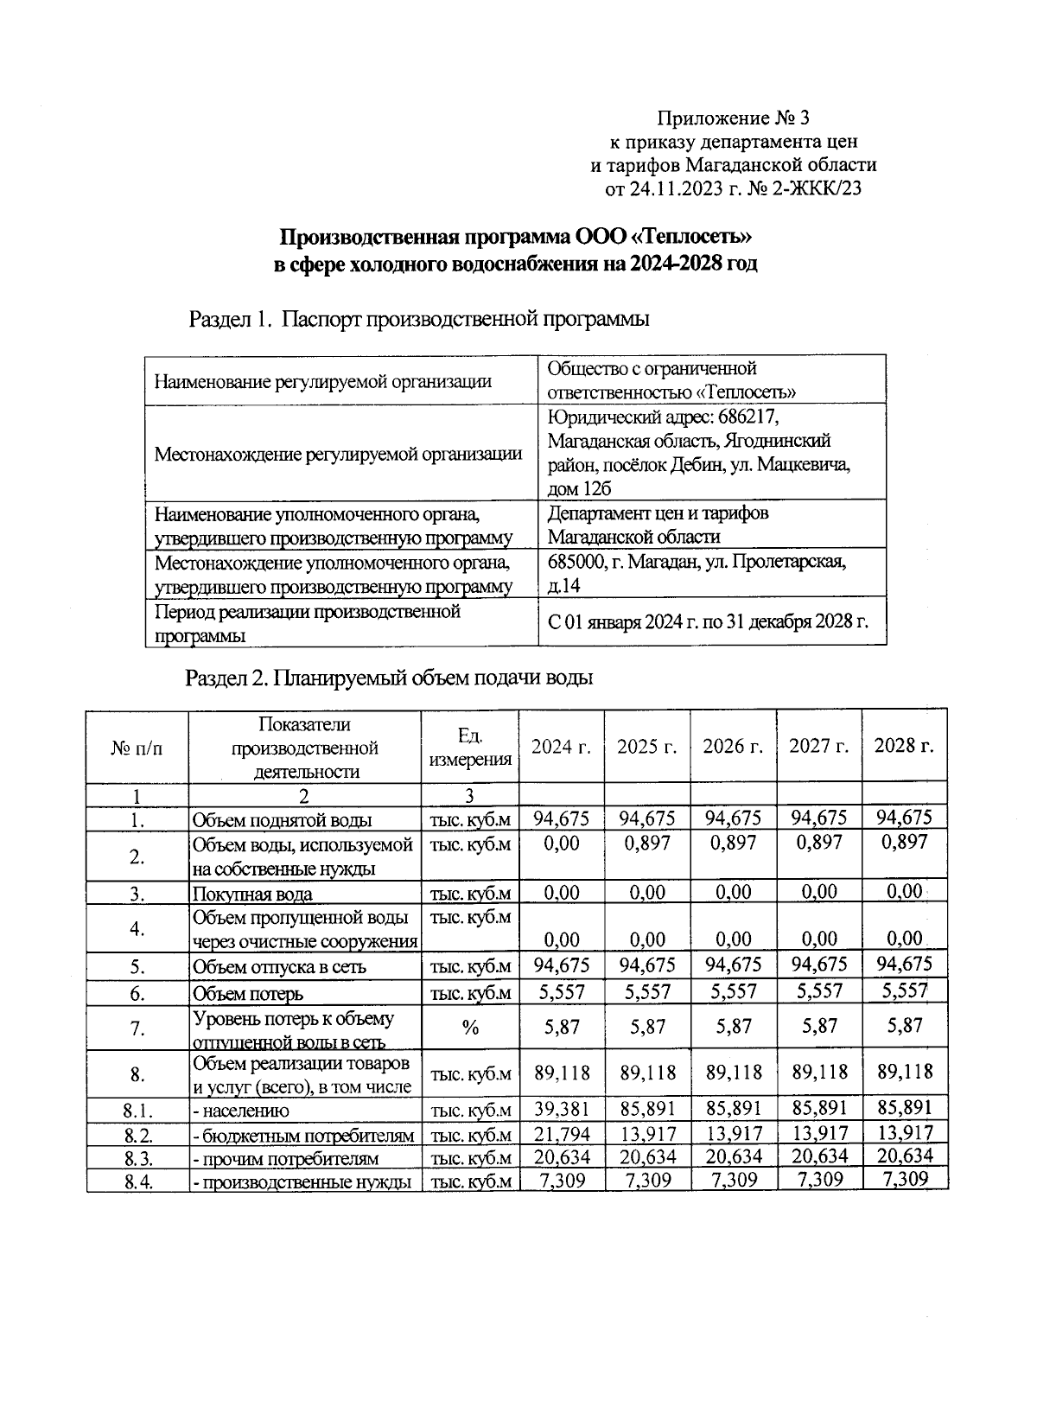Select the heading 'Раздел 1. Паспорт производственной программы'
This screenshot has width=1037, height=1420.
pos(419,319)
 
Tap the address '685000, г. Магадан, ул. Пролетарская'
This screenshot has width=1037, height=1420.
pos(697,562)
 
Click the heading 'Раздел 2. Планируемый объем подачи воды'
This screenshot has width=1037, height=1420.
pos(390,678)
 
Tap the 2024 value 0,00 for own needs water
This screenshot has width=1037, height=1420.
pos(562,844)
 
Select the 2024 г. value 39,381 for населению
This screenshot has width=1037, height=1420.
pos(562,1110)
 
